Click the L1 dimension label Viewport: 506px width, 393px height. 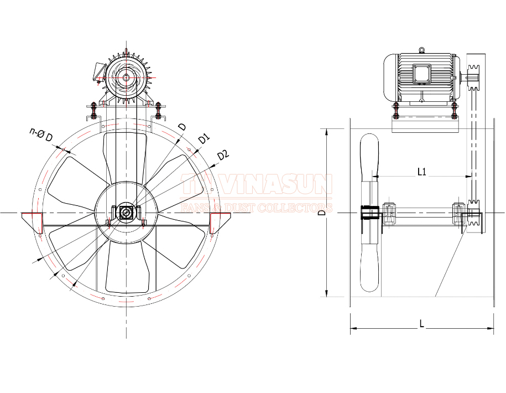pyautogui.click(x=422, y=172)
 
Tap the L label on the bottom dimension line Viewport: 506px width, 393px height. pyautogui.click(x=422, y=324)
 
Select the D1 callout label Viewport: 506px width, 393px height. pyautogui.click(x=204, y=138)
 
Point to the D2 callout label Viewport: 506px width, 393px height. pyautogui.click(x=223, y=155)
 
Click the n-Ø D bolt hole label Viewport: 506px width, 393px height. pyautogui.click(x=41, y=135)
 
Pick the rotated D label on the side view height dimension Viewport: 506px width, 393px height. pyautogui.click(x=321, y=213)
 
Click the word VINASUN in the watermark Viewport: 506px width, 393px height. pyautogui.click(x=278, y=184)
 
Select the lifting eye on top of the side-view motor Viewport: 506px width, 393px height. pyautogui.click(x=422, y=50)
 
